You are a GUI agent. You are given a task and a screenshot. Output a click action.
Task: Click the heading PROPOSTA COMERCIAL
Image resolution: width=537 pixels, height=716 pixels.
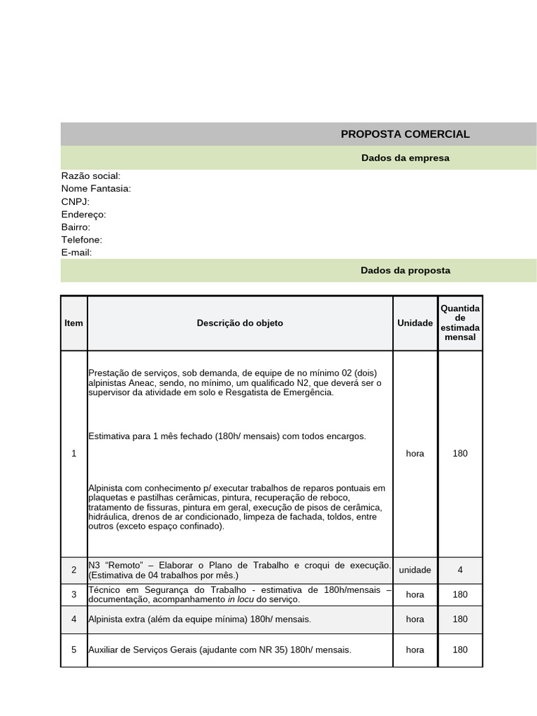[405, 134]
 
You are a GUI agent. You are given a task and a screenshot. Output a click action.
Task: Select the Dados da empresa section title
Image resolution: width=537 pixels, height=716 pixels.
[405, 158]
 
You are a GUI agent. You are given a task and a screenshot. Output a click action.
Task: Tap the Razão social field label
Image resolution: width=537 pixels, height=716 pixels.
[91, 176]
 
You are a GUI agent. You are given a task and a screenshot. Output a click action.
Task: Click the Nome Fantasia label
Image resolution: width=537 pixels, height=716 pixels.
[96, 189]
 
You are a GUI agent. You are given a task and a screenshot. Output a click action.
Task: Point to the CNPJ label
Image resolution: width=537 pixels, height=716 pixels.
[76, 201]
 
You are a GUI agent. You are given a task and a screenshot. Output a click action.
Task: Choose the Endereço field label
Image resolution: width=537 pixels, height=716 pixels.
[84, 215]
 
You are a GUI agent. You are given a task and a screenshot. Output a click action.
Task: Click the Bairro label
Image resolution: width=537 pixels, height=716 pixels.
[76, 227]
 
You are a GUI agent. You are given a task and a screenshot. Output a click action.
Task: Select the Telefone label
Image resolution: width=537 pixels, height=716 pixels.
[82, 240]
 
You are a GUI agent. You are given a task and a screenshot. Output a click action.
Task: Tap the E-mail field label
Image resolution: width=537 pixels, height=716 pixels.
[77, 252]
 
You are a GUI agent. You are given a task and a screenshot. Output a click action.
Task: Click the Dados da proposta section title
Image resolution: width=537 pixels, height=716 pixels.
[405, 271]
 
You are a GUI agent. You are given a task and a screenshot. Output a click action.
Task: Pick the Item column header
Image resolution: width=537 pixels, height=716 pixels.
[73, 323]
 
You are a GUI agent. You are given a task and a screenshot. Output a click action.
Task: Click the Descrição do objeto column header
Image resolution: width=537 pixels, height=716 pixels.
[240, 323]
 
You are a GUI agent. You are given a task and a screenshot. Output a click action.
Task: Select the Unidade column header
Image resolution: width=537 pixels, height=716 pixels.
[415, 323]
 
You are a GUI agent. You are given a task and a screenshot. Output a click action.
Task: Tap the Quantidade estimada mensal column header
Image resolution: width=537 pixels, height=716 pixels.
[460, 322]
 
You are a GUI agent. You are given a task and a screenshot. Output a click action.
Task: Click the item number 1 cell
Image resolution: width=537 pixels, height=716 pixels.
[73, 454]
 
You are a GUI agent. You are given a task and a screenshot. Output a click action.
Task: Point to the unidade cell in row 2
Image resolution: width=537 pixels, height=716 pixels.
[415, 570]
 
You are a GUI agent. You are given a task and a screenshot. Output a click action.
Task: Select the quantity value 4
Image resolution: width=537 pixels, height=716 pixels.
[460, 570]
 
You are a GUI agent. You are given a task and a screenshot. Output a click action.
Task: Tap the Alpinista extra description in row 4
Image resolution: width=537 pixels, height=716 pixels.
[199, 619]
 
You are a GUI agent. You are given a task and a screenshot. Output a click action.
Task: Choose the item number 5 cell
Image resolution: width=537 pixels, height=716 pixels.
[73, 650]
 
